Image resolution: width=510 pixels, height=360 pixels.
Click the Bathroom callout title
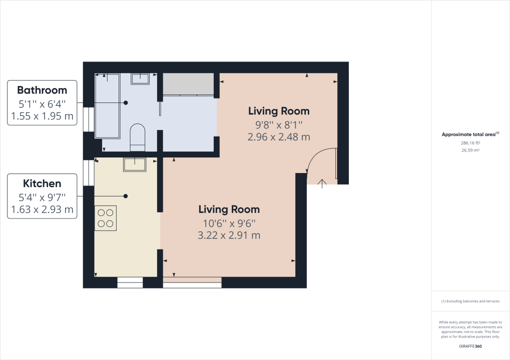pyautogui.click(x=42, y=90)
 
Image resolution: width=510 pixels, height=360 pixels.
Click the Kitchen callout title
pyautogui.click(x=42, y=183)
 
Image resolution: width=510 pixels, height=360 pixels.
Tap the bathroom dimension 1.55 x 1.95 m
pyautogui.click(x=42, y=117)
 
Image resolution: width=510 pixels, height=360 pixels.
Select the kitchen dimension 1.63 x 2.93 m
pyautogui.click(x=42, y=210)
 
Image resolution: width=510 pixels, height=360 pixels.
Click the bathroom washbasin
pyautogui.click(x=140, y=78)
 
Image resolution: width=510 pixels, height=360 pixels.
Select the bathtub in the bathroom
pyautogui.click(x=108, y=106)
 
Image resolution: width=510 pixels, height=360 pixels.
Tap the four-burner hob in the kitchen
pyautogui.click(x=106, y=218)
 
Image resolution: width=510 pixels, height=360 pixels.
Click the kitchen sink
pyautogui.click(x=134, y=164)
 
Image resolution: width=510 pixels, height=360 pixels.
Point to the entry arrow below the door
pyautogui.click(x=321, y=182)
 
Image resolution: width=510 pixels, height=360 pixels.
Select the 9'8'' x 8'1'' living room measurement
pyautogui.click(x=279, y=124)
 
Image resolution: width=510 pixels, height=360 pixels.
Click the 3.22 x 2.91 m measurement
pyautogui.click(x=229, y=235)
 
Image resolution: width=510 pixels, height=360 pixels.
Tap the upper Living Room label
pyautogui.click(x=279, y=111)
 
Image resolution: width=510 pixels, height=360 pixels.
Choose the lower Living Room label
pyautogui.click(x=229, y=209)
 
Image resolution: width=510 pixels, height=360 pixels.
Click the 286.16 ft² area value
pyautogui.click(x=470, y=142)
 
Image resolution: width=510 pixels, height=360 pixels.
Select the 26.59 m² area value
pyautogui.click(x=470, y=149)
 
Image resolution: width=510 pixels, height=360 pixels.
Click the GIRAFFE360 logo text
pyautogui.click(x=470, y=346)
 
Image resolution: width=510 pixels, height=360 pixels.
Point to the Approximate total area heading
pyautogui.click(x=470, y=134)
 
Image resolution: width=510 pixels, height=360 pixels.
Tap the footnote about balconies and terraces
pyautogui.click(x=470, y=301)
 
